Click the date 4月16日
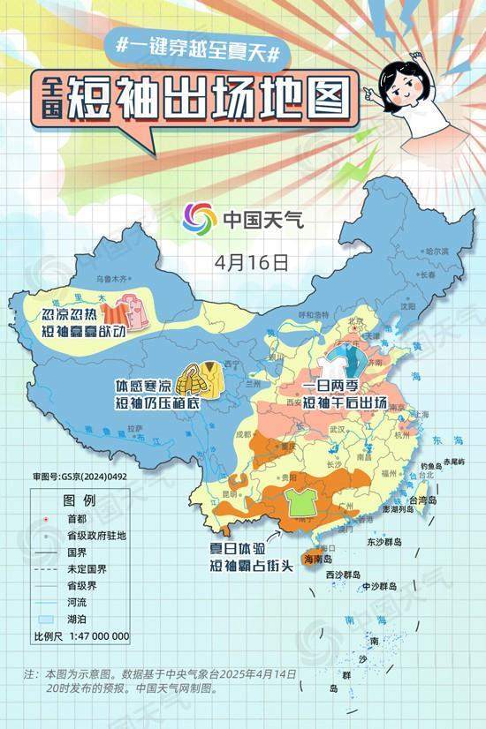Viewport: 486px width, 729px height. (x=252, y=262)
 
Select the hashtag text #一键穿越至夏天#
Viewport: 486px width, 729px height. (x=198, y=50)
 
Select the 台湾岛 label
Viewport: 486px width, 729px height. (x=429, y=500)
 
